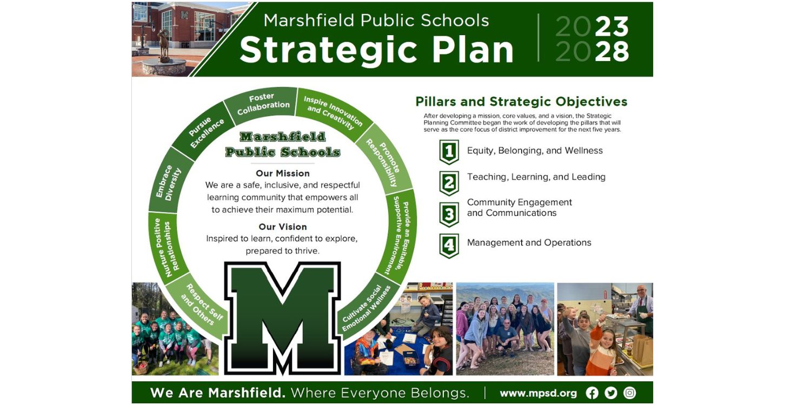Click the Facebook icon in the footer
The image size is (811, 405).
[x=592, y=393]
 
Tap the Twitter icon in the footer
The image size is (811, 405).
[x=611, y=393]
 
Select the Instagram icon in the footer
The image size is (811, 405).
[x=629, y=393]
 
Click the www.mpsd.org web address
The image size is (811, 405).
[x=538, y=393]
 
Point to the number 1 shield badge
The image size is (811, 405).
[x=449, y=152]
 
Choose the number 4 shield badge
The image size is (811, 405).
[x=449, y=246]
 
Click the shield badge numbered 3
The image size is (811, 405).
[x=449, y=214]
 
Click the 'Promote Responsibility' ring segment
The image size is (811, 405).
[x=383, y=161]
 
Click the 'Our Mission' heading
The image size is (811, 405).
[x=283, y=173]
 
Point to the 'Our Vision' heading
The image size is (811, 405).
[x=283, y=227]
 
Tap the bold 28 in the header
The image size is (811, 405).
[x=613, y=52]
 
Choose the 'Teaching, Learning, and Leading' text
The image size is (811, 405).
[x=536, y=177]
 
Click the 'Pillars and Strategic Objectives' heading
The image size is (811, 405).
[x=521, y=102]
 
